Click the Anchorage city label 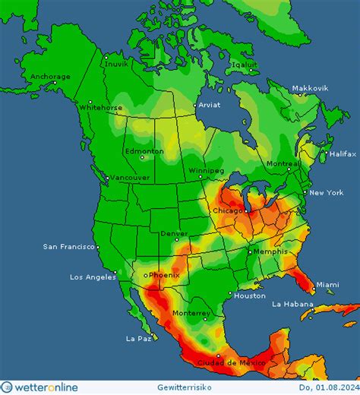coord(50,77)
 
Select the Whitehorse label coord(100,108)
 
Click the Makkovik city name coord(310,88)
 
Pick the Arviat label coord(209,106)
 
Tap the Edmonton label coord(144,151)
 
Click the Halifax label coord(342,153)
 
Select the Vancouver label coord(130,178)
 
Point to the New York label coord(326,193)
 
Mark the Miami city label coord(328,284)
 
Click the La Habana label coord(293,304)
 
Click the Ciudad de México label coord(230,362)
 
